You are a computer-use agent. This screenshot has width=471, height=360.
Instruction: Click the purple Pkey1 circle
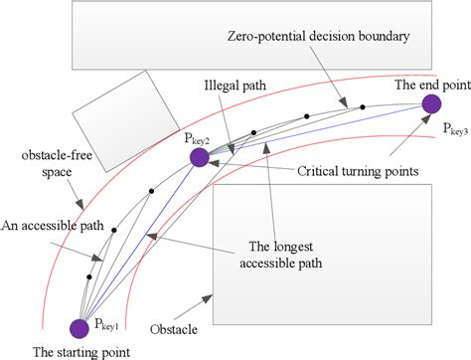pyautogui.click(x=78, y=327)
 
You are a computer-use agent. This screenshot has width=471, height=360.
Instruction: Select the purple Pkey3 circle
pyautogui.click(x=432, y=103)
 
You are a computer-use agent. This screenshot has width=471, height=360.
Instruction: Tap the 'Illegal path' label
pyautogui.click(x=232, y=86)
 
